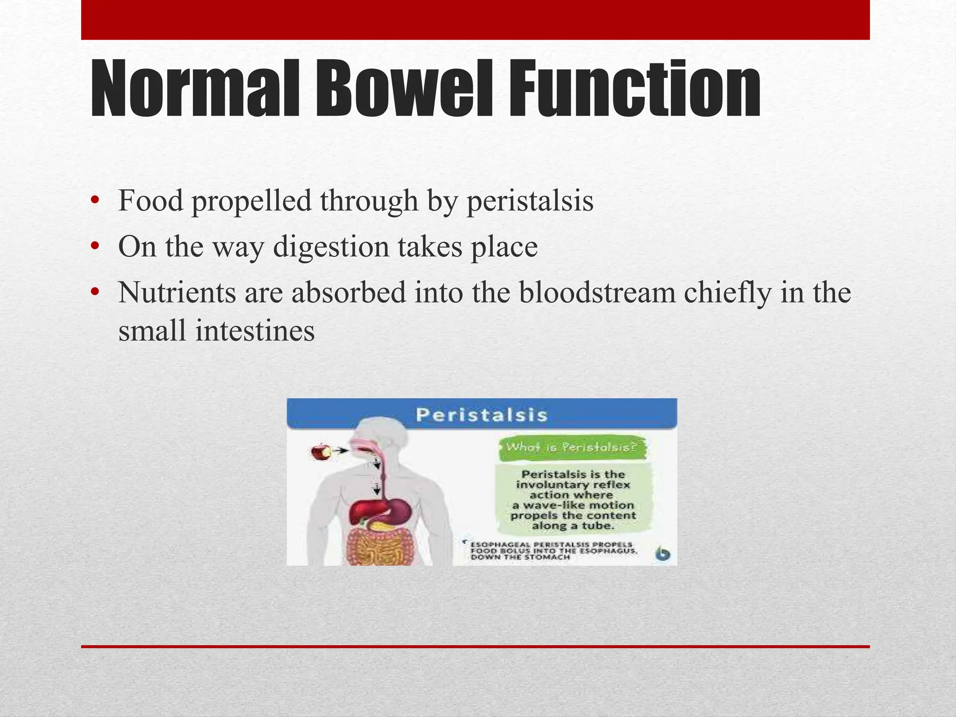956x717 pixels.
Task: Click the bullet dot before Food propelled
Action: click(95, 201)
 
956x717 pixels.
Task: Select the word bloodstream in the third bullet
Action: click(597, 293)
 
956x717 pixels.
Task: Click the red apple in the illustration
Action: click(321, 452)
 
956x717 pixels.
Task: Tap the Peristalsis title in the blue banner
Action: click(481, 415)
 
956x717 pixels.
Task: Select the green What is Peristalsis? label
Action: click(571, 447)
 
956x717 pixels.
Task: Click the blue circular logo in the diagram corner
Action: click(662, 554)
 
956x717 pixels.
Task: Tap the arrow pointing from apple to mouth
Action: click(342, 450)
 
